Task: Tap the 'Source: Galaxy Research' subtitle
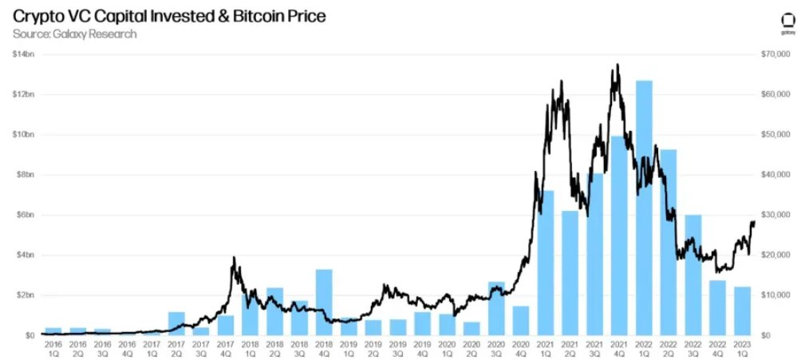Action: [74, 34]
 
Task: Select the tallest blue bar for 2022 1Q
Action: [644, 208]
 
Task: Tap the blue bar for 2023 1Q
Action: [742, 311]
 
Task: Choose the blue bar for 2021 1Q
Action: [546, 263]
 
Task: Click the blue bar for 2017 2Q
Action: [176, 323]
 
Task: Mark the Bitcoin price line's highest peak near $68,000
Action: [617, 65]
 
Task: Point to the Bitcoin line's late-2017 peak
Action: [233, 258]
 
